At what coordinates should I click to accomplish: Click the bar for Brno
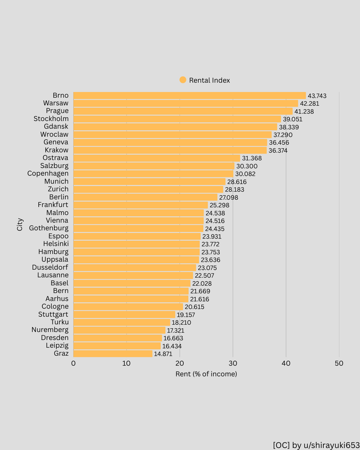[189, 96]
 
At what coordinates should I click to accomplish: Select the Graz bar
[113, 354]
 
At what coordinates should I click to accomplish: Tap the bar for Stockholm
[177, 119]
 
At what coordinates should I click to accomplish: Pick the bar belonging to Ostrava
[157, 158]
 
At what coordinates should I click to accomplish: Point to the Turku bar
[122, 322]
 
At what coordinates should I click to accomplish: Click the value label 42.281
[309, 104]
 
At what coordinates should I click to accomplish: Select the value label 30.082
[245, 174]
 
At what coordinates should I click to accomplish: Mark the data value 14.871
[163, 354]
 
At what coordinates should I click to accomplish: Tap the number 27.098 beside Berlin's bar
[228, 198]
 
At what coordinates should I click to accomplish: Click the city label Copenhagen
[48, 174]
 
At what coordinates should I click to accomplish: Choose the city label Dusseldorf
[50, 267]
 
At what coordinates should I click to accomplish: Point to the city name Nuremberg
[50, 330]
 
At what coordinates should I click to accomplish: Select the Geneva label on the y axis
[56, 142]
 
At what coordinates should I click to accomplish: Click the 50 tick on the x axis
[339, 363]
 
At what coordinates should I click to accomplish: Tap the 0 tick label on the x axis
[73, 363]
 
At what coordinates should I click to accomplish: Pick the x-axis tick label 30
[233, 363]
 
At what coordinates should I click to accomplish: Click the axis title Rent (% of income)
[206, 374]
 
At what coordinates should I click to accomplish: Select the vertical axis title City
[20, 224]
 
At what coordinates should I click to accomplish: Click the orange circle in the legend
[183, 80]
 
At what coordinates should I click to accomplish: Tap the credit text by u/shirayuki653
[316, 445]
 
